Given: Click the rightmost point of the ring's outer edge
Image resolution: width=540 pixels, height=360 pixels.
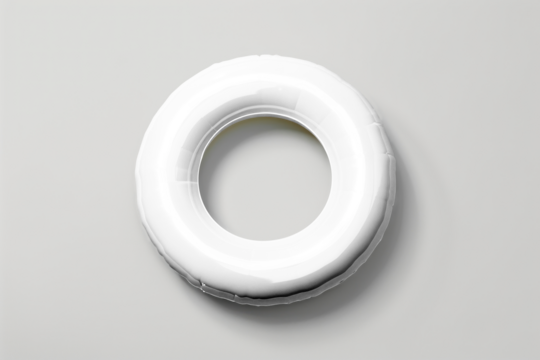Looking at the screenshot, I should pos(395,180).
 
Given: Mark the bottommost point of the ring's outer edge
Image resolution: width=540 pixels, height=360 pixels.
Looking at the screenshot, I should pos(265,303).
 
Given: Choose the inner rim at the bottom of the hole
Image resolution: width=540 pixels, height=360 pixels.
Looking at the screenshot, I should pos(264,246).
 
